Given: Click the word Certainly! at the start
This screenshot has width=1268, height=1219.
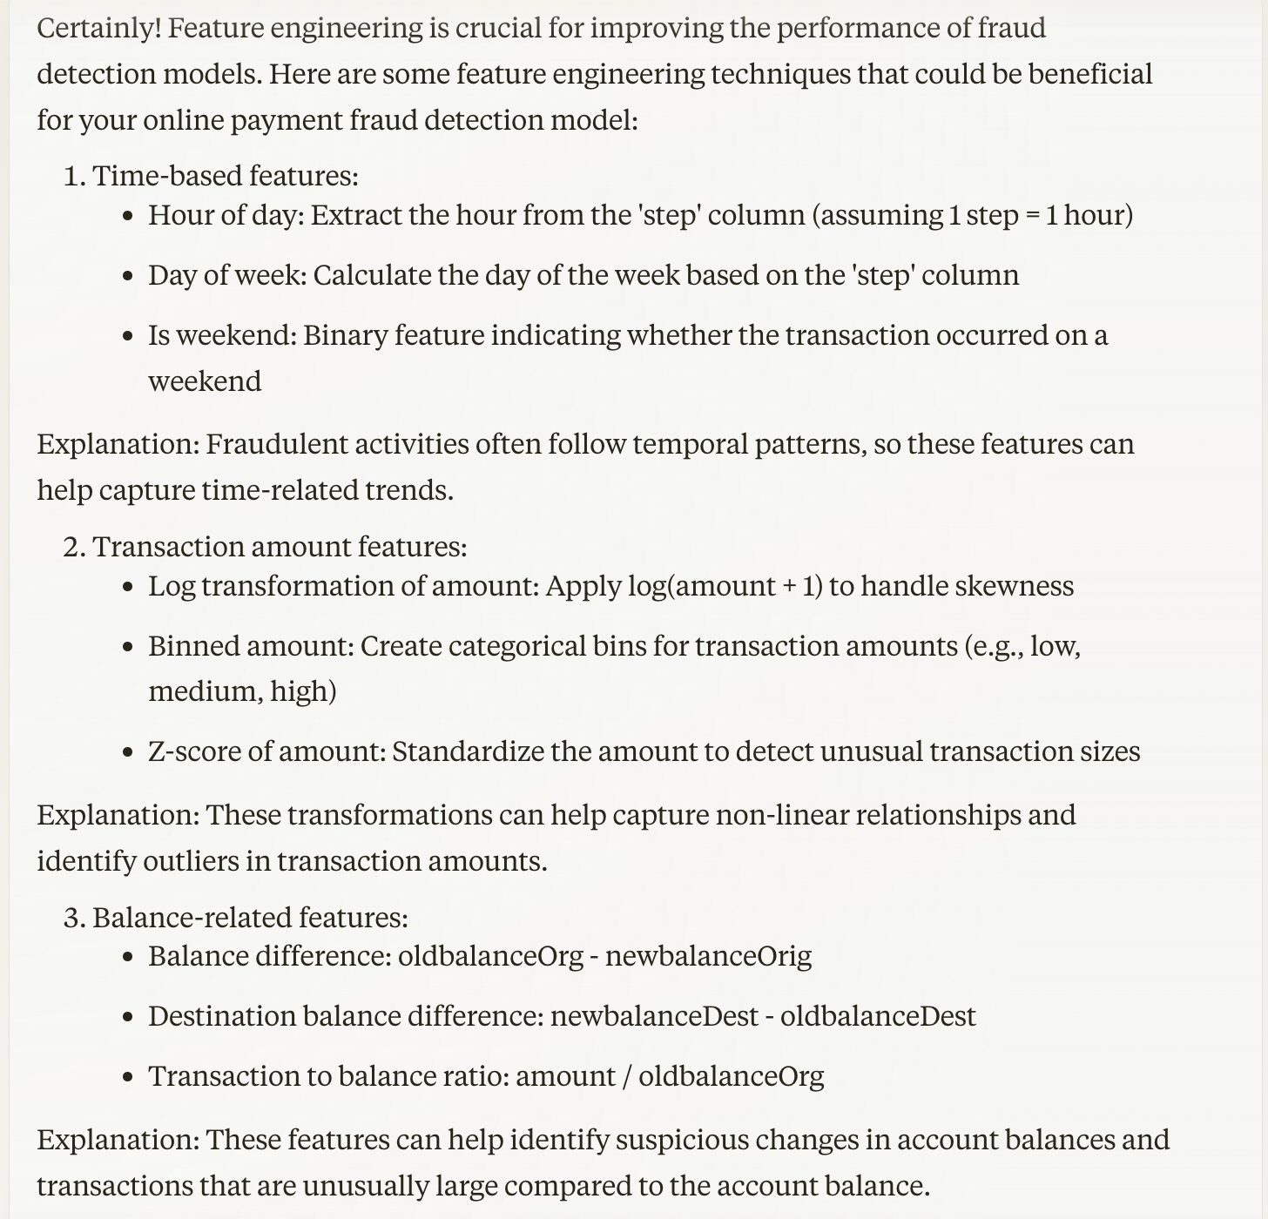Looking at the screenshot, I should click(x=98, y=29).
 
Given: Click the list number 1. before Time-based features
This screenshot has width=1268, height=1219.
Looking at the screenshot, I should click(x=75, y=176).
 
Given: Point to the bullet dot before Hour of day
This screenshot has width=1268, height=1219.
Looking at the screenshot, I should click(x=129, y=216).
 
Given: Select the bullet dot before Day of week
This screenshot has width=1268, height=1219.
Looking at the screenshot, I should click(x=129, y=276).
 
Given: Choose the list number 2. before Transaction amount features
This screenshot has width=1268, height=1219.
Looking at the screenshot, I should click(x=75, y=547).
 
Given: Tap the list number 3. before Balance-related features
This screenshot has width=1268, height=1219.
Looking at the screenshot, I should click(x=75, y=918).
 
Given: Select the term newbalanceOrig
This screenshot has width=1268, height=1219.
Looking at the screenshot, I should click(x=708, y=956).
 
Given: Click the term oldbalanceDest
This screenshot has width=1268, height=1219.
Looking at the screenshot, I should click(x=878, y=1016).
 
